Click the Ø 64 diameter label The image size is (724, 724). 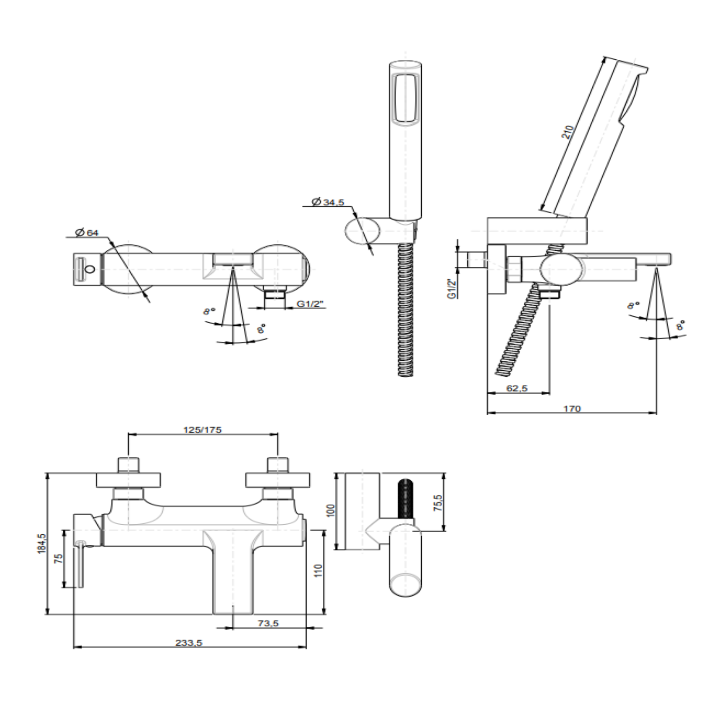pyautogui.click(x=87, y=232)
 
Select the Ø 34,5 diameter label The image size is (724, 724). pyautogui.click(x=328, y=202)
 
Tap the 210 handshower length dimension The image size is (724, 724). pyautogui.click(x=567, y=133)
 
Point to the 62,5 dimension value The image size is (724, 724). pyautogui.click(x=517, y=388)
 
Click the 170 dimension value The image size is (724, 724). pyautogui.click(x=572, y=409)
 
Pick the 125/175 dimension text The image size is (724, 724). pyautogui.click(x=202, y=430)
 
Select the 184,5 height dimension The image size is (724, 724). pyautogui.click(x=42, y=543)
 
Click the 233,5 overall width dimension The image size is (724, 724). pyautogui.click(x=189, y=642)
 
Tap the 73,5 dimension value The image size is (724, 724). pyautogui.click(x=268, y=623)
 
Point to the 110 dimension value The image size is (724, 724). pyautogui.click(x=318, y=571)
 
